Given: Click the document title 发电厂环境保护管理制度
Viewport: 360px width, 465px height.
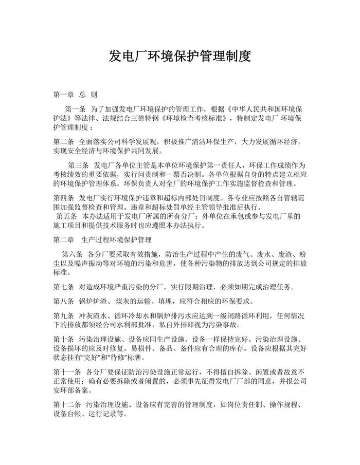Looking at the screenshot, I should [x=180, y=56].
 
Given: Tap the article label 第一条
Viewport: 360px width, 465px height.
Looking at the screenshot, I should [x=75, y=109].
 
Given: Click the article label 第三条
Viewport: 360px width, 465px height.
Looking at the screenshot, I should [x=78, y=165].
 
